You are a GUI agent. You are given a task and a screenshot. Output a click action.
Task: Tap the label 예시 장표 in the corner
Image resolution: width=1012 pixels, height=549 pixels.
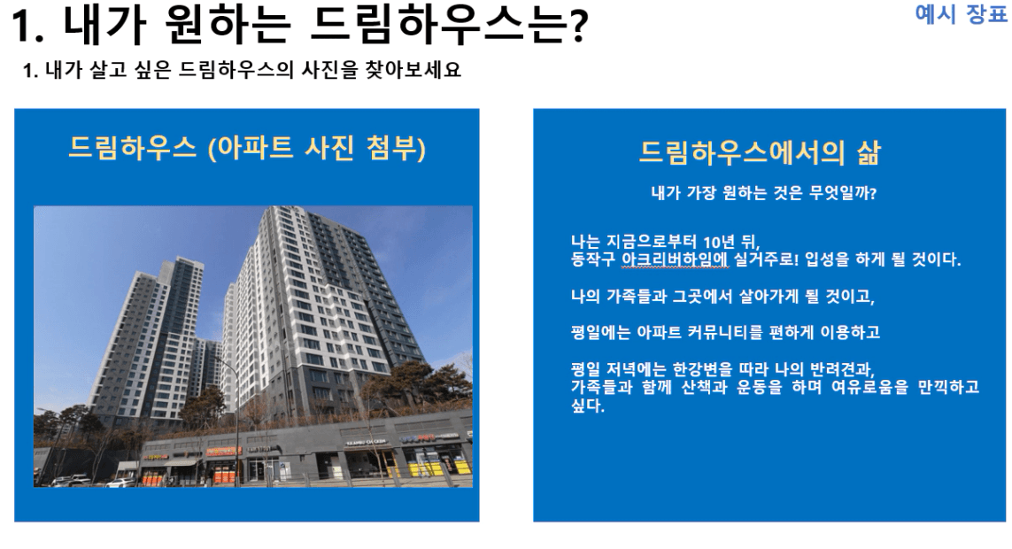(x=961, y=13)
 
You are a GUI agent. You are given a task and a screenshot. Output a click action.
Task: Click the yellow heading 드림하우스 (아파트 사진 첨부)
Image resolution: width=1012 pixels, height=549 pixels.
(x=246, y=148)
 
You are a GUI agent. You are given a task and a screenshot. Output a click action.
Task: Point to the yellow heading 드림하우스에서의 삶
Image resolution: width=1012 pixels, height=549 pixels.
(x=760, y=152)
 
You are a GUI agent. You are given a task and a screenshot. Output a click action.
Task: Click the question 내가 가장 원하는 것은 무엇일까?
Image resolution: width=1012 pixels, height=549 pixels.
(x=763, y=193)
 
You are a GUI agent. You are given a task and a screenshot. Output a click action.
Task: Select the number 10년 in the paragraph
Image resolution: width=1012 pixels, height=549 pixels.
(x=719, y=242)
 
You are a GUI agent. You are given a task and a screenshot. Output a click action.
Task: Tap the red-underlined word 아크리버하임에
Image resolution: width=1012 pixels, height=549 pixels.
(x=675, y=259)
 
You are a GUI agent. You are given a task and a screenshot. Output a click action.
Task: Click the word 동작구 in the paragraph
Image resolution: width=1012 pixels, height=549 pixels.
(x=593, y=259)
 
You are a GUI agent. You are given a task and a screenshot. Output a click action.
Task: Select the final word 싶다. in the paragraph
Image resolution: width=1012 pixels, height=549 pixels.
(x=587, y=406)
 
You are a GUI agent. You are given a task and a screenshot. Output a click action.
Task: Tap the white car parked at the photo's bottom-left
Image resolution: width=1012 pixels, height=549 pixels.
(x=71, y=480)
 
